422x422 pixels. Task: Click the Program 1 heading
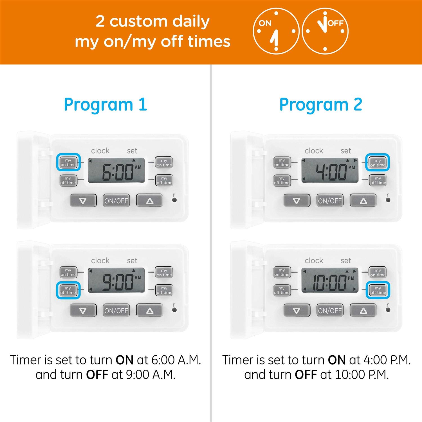click(105, 105)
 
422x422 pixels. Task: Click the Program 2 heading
click(320, 105)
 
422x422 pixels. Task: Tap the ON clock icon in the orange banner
click(276, 31)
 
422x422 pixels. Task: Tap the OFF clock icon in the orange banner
click(325, 31)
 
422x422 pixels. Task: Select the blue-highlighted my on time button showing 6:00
click(68, 162)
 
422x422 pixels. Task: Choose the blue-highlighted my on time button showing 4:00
click(378, 163)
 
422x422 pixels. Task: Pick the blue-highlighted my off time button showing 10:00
click(378, 290)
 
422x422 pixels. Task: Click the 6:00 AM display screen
click(116, 170)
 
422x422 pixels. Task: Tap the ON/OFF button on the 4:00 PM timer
click(330, 201)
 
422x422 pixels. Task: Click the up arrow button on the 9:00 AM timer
click(150, 310)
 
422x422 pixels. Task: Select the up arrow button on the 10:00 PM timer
click(363, 310)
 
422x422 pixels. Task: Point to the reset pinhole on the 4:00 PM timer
click(388, 200)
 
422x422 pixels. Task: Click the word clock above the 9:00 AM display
click(100, 261)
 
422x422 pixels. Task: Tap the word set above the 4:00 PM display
click(345, 151)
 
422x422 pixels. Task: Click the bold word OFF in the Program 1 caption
click(97, 374)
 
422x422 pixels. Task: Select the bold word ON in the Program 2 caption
click(336, 360)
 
